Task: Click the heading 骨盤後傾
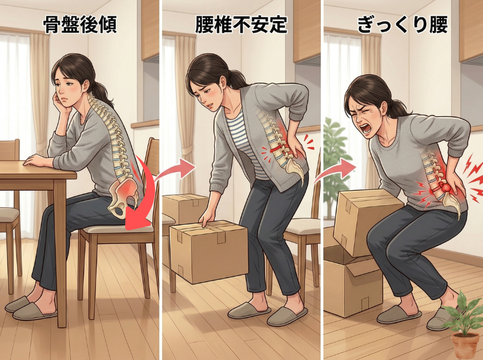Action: [80, 25]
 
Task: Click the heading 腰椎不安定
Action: [241, 25]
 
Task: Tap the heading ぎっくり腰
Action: [402, 25]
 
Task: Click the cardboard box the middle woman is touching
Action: [209, 252]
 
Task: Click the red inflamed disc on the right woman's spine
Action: [444, 187]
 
